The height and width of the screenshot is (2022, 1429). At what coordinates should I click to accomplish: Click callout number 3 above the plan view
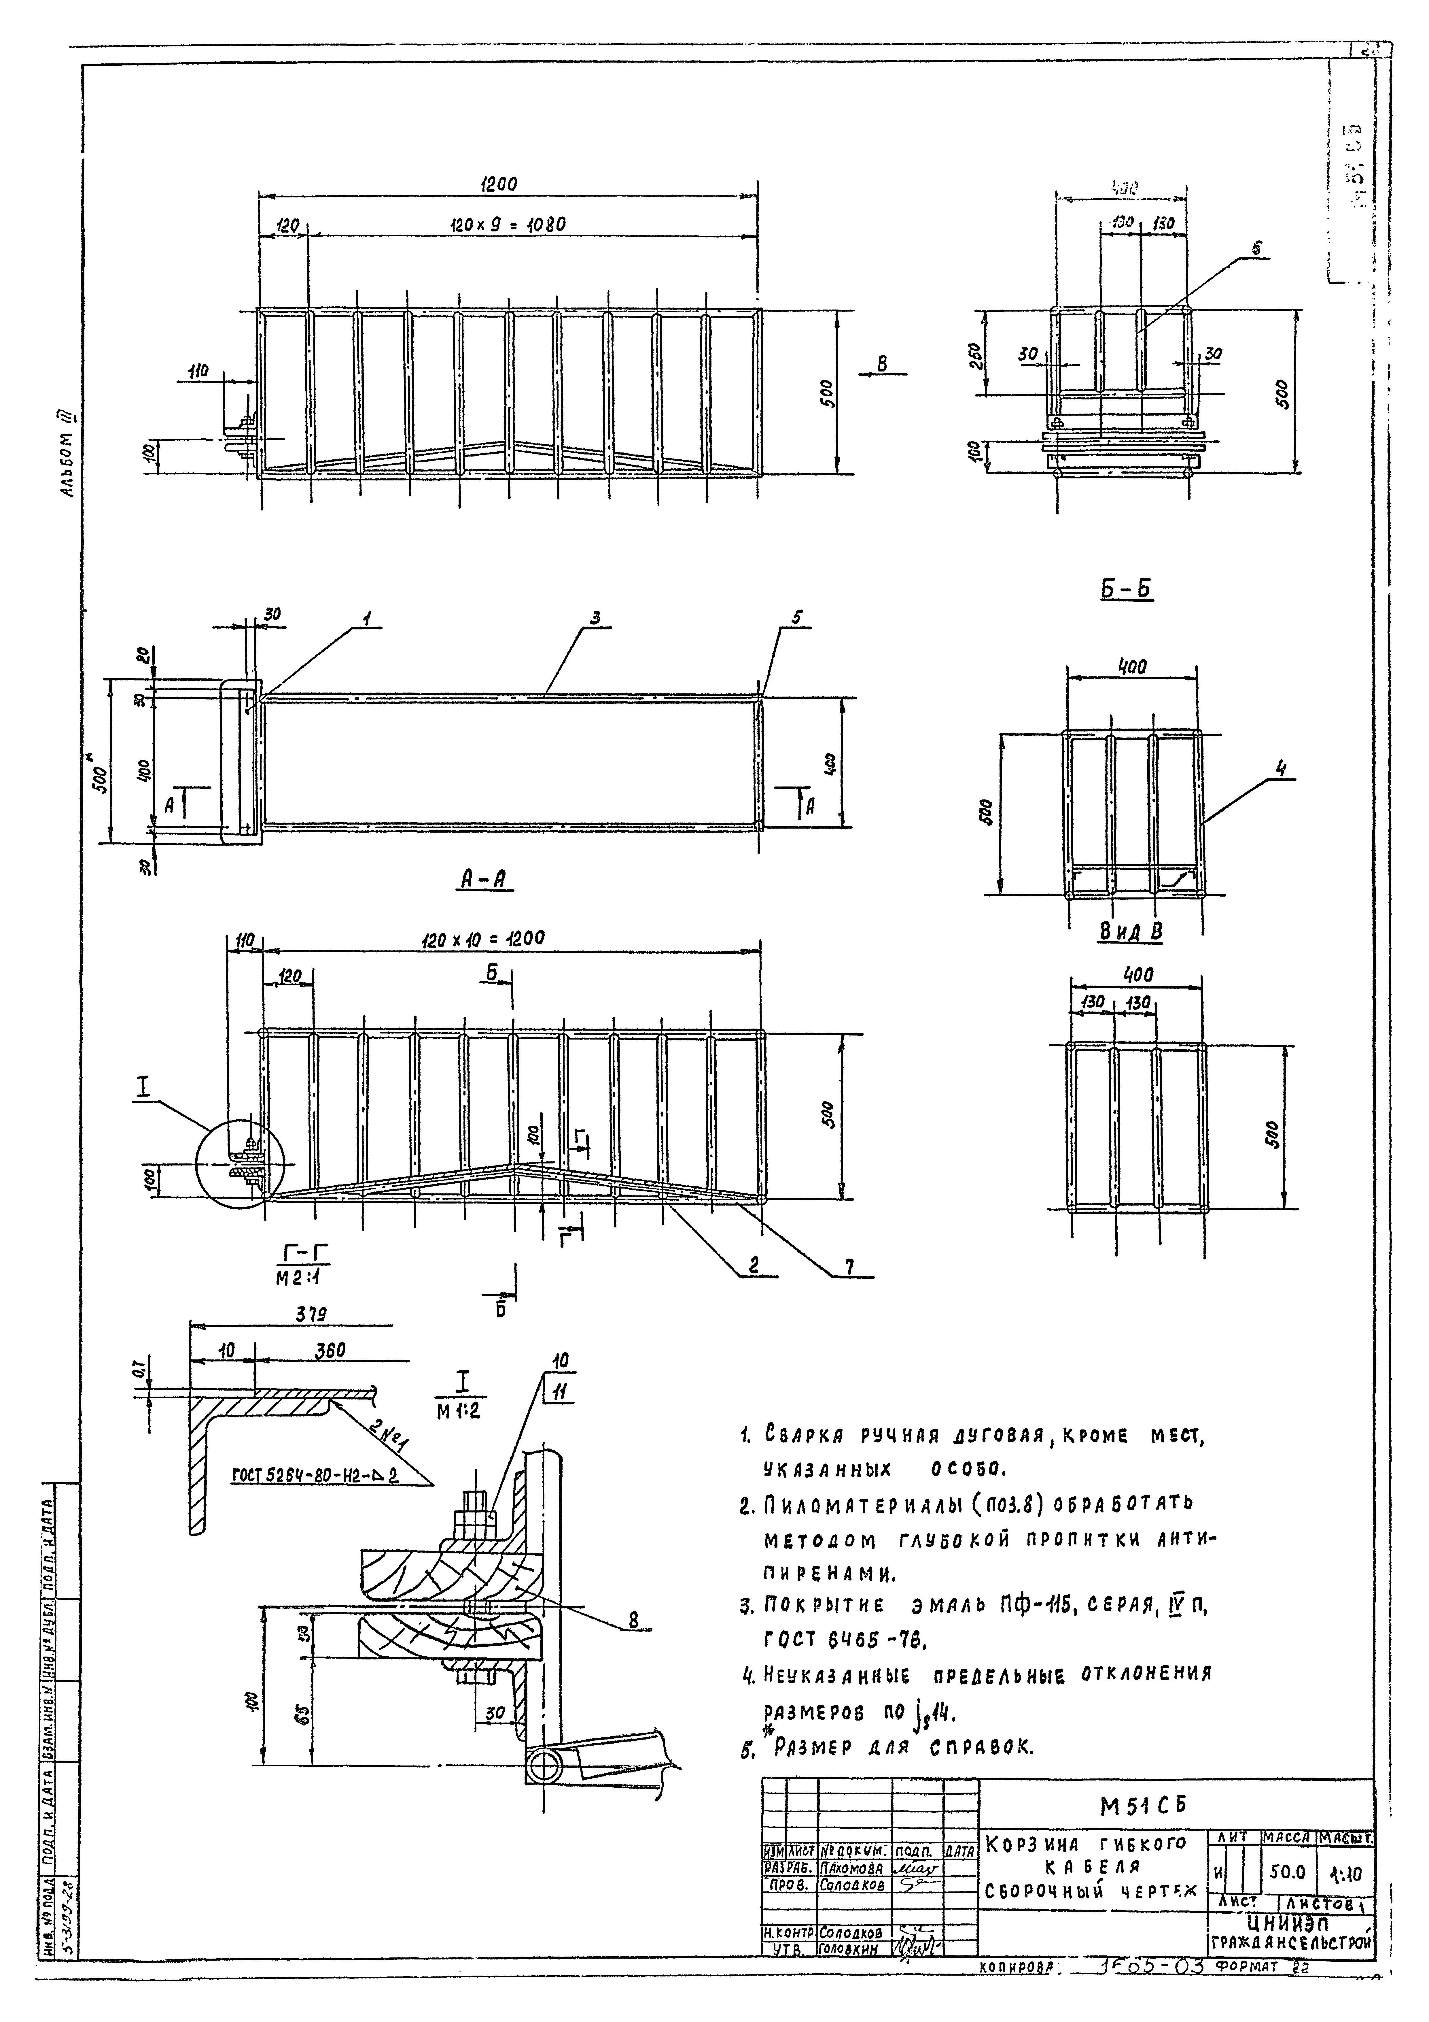pyautogui.click(x=595, y=619)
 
